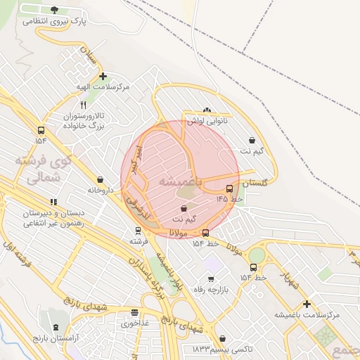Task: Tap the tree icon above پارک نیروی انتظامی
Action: click(55, 9)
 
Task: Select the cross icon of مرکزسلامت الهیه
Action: click(103, 76)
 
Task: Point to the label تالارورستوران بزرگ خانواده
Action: click(80, 120)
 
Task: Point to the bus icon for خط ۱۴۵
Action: click(229, 188)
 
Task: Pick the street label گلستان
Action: click(255, 183)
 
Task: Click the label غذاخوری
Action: click(134, 323)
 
